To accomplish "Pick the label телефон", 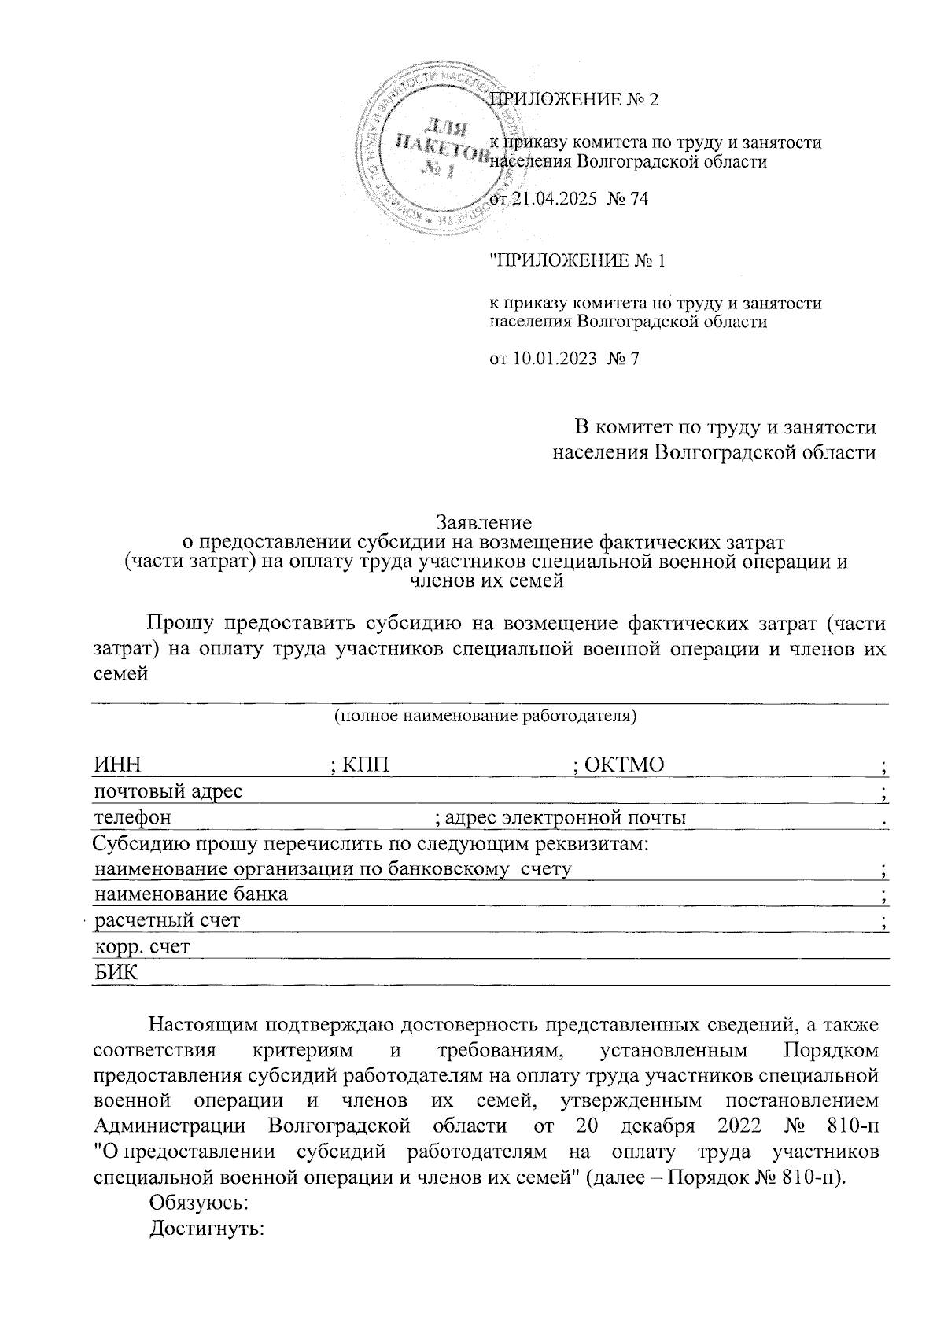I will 132,817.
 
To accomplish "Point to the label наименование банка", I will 190,894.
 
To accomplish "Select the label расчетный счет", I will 167,920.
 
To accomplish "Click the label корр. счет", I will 142,946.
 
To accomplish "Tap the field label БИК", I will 115,973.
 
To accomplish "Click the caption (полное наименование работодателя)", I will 485,717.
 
